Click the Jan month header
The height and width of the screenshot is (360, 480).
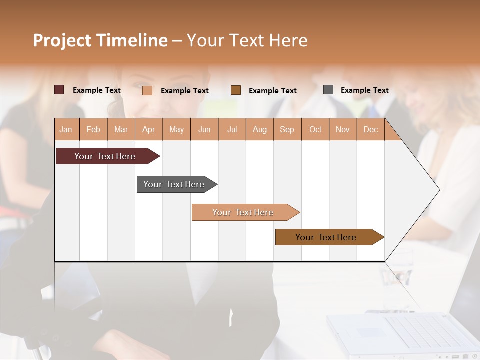tap(66, 129)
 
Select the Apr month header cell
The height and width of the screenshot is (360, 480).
tap(149, 129)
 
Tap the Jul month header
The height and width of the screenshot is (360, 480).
tap(232, 129)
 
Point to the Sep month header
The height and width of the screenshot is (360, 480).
tap(287, 129)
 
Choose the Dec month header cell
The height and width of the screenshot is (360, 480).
tap(370, 129)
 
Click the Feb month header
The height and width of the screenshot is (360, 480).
tap(93, 129)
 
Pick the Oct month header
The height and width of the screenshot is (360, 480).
tap(315, 129)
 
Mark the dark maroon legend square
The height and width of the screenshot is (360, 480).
tap(59, 90)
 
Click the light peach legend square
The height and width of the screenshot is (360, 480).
tap(147, 90)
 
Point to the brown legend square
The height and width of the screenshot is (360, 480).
tap(236, 90)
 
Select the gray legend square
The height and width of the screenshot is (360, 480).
tap(328, 90)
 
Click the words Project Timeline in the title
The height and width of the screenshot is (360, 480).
tap(100, 40)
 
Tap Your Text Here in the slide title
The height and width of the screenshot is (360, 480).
tap(247, 40)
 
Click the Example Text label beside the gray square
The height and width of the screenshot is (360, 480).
tap(364, 90)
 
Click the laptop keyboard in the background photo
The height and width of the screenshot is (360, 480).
tap(425, 332)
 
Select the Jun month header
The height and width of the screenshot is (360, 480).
tap(204, 129)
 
